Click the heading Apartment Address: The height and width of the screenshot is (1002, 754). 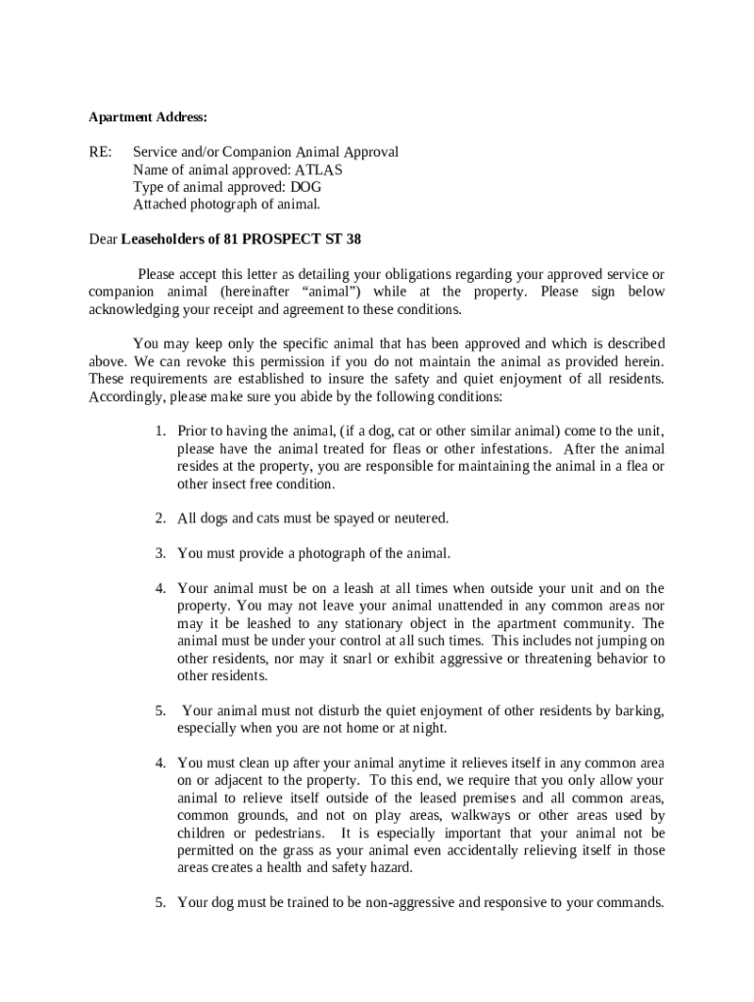pyautogui.click(x=148, y=117)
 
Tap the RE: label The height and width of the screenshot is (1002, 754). pyautogui.click(x=100, y=153)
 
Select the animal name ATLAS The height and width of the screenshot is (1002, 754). pyautogui.click(x=319, y=170)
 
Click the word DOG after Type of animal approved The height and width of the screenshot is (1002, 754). pyautogui.click(x=306, y=188)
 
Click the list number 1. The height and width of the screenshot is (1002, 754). pyautogui.click(x=160, y=432)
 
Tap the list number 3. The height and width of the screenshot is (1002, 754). pyautogui.click(x=160, y=554)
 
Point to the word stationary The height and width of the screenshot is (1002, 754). pyautogui.click(x=336, y=624)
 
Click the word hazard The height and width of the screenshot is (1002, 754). pyautogui.click(x=390, y=869)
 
